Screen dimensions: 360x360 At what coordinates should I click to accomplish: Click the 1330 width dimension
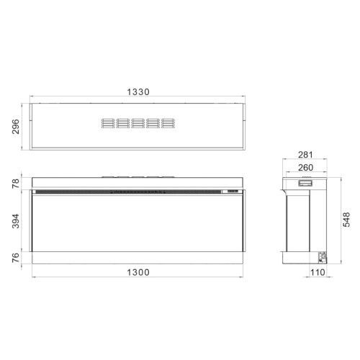pyautogui.click(x=138, y=91)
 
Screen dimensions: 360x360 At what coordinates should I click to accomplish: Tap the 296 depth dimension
pyautogui.click(x=16, y=127)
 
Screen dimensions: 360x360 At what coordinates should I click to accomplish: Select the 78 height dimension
pyautogui.click(x=16, y=184)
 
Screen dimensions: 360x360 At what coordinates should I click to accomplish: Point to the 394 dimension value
pyautogui.click(x=16, y=221)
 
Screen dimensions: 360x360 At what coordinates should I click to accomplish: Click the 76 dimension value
pyautogui.click(x=16, y=258)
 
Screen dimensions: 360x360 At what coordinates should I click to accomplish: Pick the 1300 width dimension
pyautogui.click(x=138, y=272)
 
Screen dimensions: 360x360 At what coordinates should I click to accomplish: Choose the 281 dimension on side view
pyautogui.click(x=305, y=155)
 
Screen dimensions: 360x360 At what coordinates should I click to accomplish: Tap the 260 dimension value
pyautogui.click(x=305, y=168)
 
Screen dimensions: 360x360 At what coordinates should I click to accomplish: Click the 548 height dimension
pyautogui.click(x=346, y=220)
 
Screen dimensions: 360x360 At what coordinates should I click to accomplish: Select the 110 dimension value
pyautogui.click(x=318, y=272)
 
